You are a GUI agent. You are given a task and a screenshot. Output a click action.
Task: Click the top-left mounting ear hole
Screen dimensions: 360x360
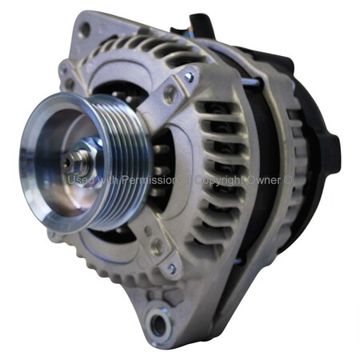[84, 30]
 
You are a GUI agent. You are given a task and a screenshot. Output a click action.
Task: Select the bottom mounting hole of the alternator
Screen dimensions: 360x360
[160, 324]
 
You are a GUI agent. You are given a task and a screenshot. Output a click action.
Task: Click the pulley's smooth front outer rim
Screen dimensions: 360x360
[50, 192]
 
